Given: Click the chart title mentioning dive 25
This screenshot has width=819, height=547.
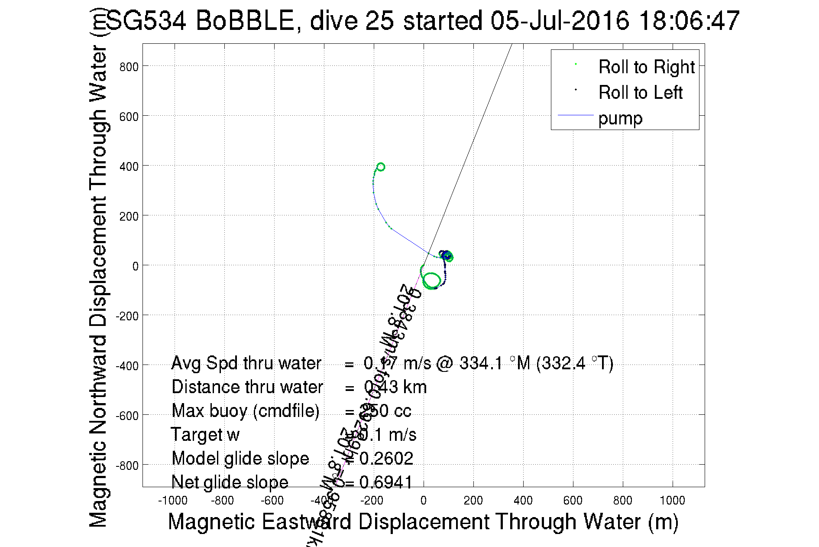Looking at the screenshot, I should click(x=422, y=21).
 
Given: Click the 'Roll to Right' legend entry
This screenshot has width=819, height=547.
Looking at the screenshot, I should click(x=646, y=67).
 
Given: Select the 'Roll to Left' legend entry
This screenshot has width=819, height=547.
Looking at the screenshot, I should click(x=640, y=93).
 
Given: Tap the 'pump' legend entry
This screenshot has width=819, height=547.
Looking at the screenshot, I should click(x=620, y=118).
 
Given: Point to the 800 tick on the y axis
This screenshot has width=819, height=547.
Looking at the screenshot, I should click(x=129, y=67).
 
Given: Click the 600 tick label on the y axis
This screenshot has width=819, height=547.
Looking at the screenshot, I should click(x=129, y=117).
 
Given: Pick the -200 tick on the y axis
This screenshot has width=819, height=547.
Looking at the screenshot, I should click(x=127, y=316).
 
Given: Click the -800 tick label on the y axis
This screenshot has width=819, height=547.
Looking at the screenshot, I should click(x=127, y=466).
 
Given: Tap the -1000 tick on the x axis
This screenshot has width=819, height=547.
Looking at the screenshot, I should click(x=172, y=501).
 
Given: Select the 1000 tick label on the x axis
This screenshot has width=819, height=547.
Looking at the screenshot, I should click(x=672, y=501).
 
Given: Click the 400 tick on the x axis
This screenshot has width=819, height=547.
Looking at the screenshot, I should click(x=523, y=501).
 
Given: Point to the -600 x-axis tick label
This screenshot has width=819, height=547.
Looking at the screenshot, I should click(x=272, y=501).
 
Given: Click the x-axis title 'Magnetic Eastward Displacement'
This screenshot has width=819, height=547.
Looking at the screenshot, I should click(x=423, y=521).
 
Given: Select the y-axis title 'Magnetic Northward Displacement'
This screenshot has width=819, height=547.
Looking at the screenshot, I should click(x=98, y=269).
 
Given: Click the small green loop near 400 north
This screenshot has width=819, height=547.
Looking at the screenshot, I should click(x=381, y=167).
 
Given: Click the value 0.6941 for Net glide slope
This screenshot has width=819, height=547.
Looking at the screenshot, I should click(x=385, y=482).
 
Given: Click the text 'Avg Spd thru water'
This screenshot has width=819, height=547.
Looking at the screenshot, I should click(x=246, y=363).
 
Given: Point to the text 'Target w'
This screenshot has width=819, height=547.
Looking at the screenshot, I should click(x=205, y=435).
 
